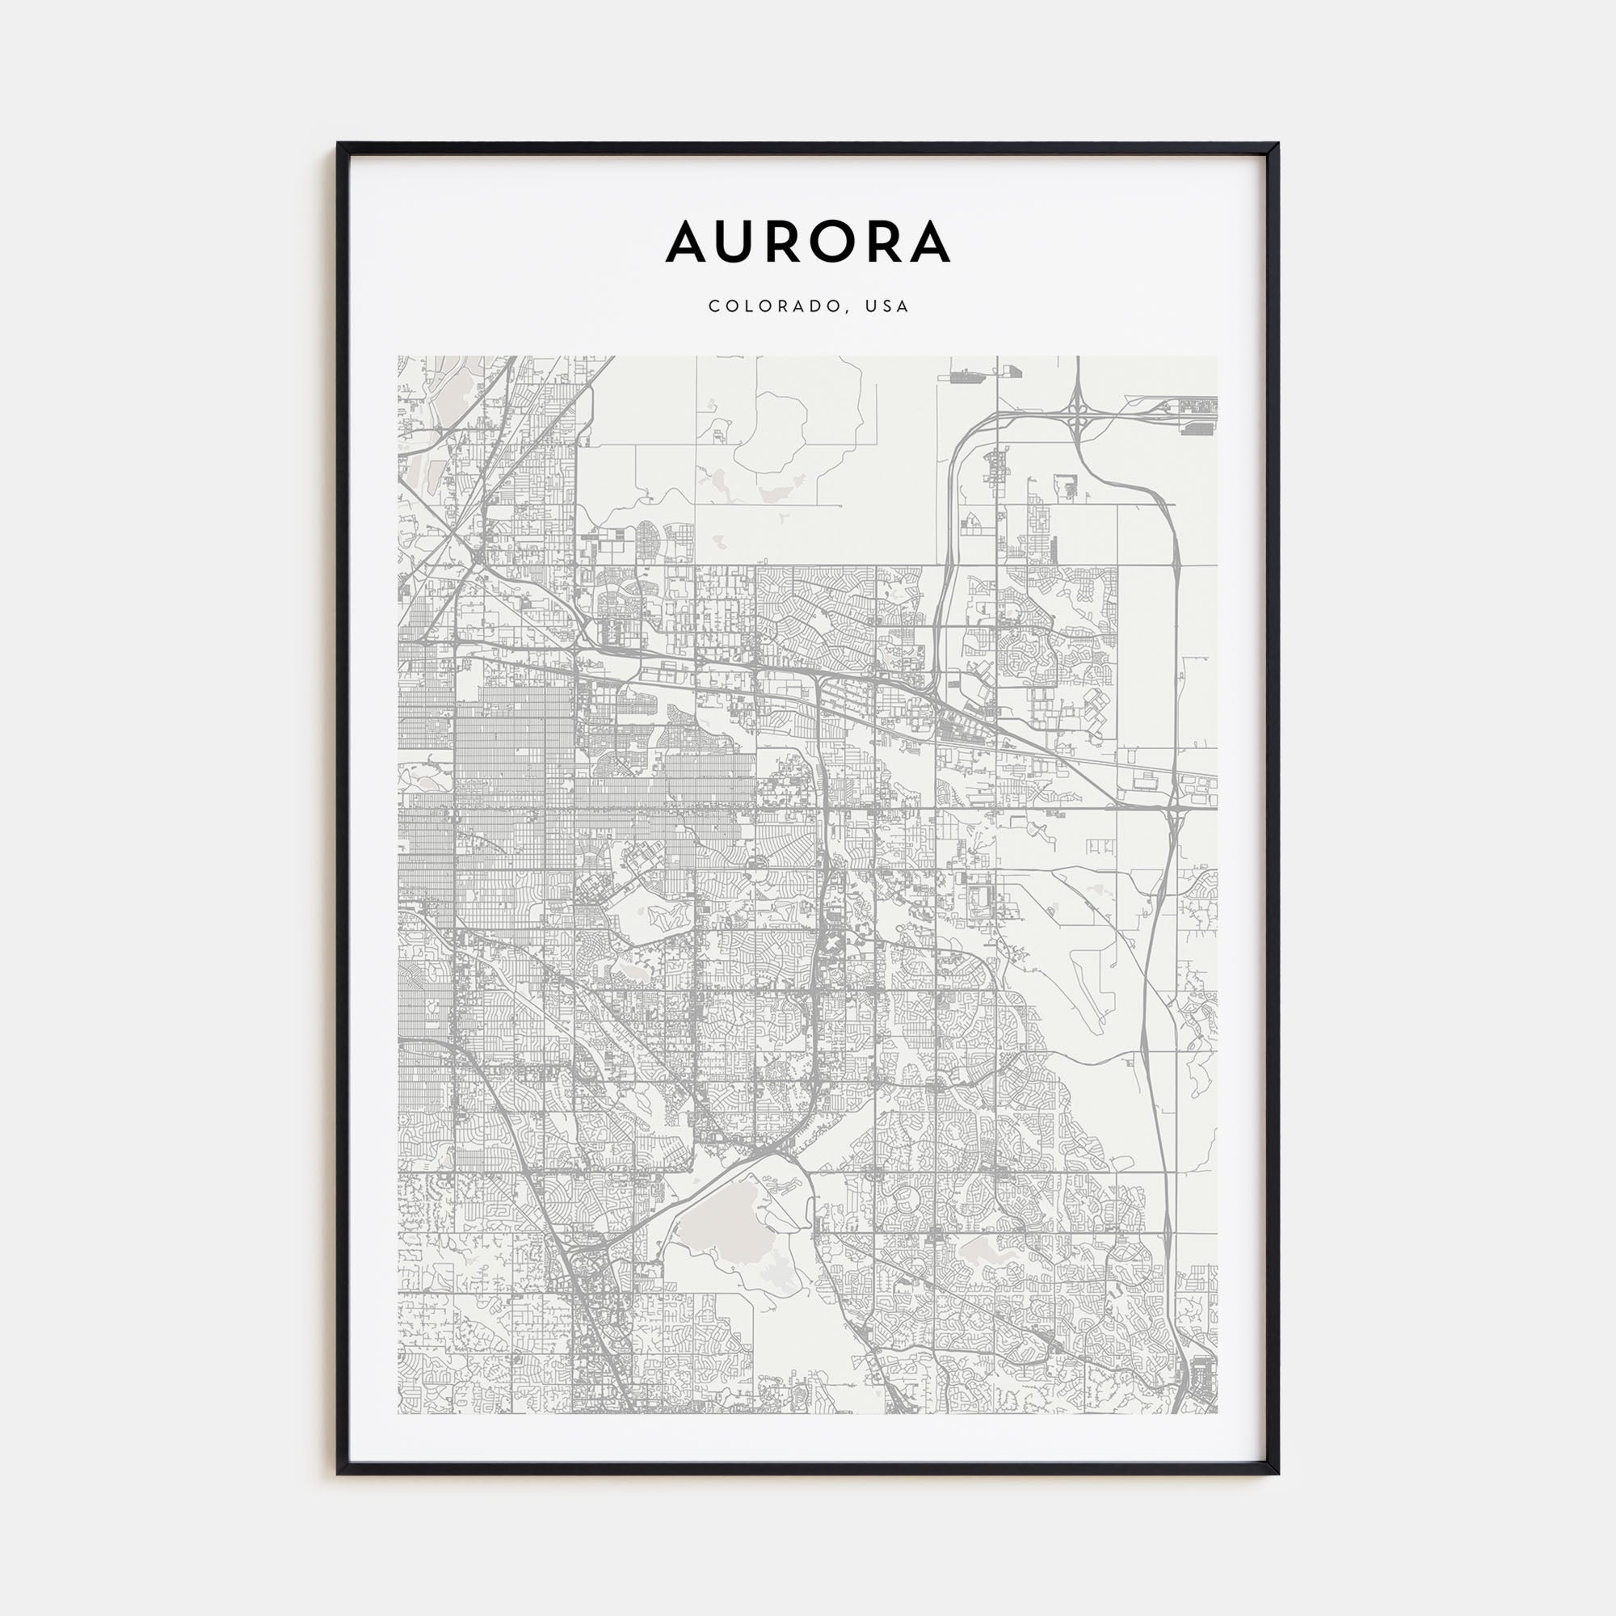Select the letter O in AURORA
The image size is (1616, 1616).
838,242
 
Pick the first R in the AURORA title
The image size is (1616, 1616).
789,242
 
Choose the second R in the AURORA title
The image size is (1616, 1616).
883,242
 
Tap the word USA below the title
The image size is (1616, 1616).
887,306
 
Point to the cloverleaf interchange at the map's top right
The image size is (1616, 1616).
1077,409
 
